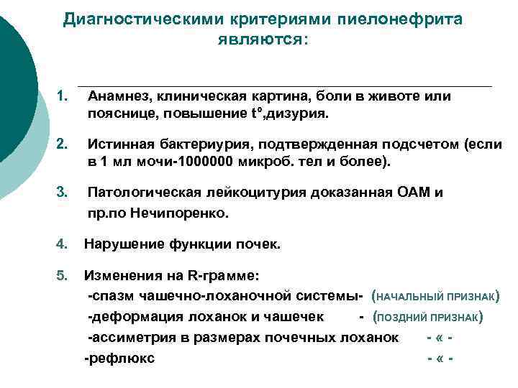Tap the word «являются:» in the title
point(262,40)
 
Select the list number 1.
point(63,96)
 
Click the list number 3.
point(63,192)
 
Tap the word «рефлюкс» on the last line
point(120,359)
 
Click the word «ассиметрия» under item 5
point(126,338)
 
